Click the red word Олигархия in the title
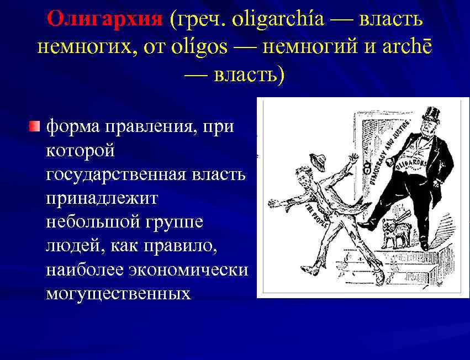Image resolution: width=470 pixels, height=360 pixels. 105,20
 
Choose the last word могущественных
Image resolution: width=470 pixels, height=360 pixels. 118,293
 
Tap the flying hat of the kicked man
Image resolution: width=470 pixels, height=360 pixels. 316,161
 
